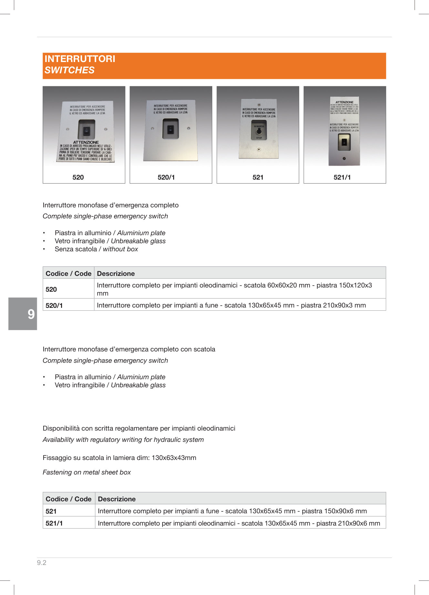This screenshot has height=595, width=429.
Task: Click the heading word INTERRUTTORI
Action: pos(80,59)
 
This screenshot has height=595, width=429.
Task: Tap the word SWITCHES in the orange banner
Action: pos(69,70)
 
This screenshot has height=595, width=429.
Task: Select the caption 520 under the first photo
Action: pos(78,177)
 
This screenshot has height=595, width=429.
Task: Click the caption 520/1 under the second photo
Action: pos(166,177)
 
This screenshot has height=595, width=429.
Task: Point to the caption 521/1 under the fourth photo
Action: pos(342,177)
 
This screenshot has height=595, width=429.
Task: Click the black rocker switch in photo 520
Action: pos(87,131)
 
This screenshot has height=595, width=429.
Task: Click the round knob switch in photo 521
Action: pos(259,131)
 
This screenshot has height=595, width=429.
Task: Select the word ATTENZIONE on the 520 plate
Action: pos(86,142)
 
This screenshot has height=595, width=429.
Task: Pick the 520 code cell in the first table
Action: pos(51,289)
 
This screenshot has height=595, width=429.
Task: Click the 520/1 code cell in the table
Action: pos(54,305)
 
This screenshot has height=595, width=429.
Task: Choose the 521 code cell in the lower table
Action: pos(51,511)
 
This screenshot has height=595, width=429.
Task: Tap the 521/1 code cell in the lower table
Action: pos(54,523)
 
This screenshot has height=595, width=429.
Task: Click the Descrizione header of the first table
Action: pos(116,274)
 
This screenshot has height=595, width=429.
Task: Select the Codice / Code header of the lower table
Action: pos(68,499)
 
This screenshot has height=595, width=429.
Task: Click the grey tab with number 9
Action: pos(23,314)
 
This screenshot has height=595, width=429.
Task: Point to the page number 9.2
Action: pos(42,563)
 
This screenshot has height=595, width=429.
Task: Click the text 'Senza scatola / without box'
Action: pos(96,249)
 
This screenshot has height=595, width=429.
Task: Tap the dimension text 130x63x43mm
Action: pos(174,458)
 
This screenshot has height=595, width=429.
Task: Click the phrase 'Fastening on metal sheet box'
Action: pos(87,472)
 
